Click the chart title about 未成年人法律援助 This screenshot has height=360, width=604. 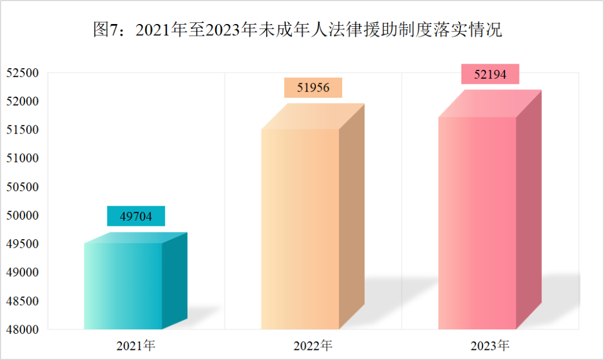(297, 30)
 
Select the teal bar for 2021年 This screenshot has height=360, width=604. (124, 286)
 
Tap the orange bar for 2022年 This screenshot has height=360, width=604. (301, 229)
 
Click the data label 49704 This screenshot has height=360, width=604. (136, 216)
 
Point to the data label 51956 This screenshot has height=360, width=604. (313, 88)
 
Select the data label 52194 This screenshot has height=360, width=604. (490, 74)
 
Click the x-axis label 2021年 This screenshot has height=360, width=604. (136, 345)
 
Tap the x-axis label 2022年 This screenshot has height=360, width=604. (313, 345)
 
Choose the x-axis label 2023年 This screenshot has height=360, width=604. (490, 345)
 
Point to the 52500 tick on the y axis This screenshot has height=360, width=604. (22, 73)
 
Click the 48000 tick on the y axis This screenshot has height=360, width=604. (22, 330)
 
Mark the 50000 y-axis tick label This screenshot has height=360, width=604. (22, 216)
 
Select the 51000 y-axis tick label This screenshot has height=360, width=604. (22, 159)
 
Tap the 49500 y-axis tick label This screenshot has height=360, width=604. (22, 244)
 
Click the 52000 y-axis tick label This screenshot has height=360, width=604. (22, 101)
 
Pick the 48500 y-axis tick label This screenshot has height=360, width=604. (22, 301)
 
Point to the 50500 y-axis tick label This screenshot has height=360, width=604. (22, 187)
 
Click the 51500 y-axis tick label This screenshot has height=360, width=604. (22, 130)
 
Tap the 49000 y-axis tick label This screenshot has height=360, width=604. (22, 273)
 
